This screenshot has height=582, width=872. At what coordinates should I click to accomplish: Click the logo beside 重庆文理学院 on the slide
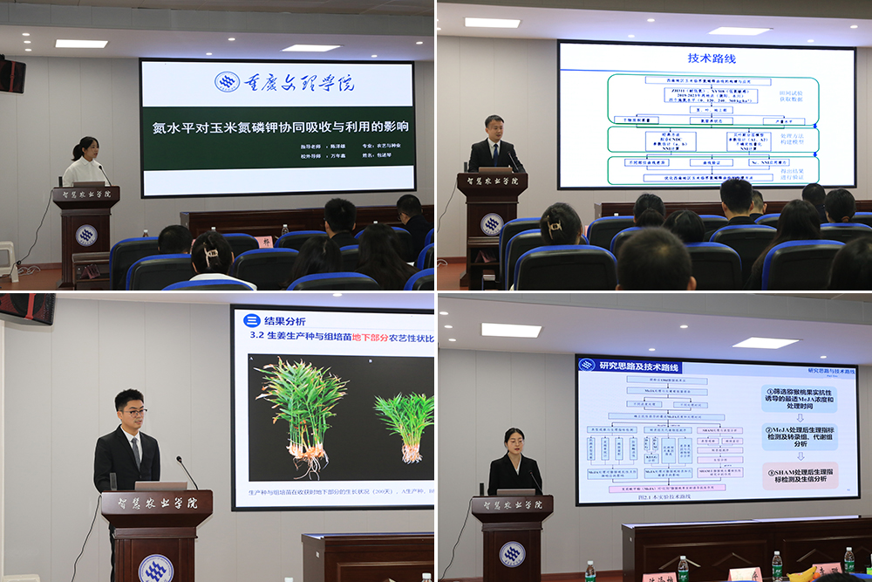[228, 82]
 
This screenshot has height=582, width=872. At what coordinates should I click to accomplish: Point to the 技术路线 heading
[712, 58]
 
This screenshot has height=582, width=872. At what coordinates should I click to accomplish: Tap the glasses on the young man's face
[133, 411]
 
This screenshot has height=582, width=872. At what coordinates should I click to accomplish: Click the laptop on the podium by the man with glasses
[160, 485]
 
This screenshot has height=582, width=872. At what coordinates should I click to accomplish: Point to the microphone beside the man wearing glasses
[186, 470]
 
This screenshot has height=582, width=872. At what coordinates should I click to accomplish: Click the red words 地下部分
[376, 338]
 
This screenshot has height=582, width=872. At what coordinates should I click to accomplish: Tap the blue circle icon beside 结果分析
[249, 320]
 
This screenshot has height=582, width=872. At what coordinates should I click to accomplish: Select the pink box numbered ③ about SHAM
[800, 476]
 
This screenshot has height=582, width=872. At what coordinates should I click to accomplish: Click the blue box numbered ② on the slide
[800, 437]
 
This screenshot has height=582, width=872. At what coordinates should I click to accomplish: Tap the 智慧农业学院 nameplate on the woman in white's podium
[85, 195]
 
